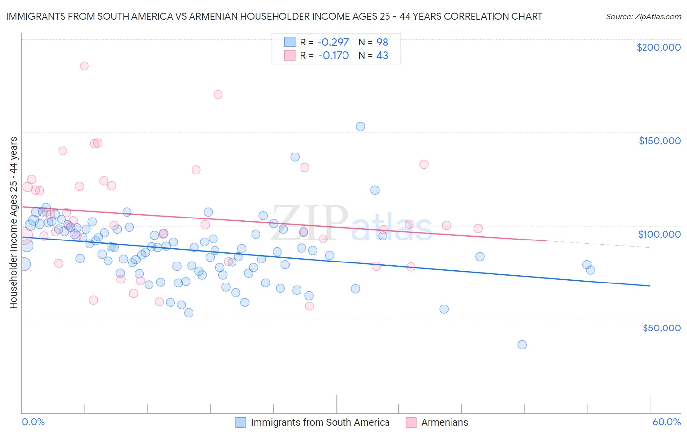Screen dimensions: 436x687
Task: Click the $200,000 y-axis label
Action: click(x=658, y=47)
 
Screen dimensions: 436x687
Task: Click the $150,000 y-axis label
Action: click(x=659, y=141)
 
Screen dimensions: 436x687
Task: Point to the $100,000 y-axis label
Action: click(x=659, y=234)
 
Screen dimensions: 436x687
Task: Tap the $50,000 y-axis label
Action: click(x=661, y=327)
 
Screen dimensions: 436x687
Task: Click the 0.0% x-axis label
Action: click(x=33, y=422)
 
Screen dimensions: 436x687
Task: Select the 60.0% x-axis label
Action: click(x=666, y=422)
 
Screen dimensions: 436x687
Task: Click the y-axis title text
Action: click(x=13, y=223)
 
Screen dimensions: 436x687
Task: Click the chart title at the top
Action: click(x=274, y=16)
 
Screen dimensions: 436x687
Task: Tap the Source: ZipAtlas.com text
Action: click(x=643, y=16)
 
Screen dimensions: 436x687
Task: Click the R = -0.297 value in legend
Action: click(x=324, y=42)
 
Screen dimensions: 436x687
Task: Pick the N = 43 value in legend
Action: click(x=373, y=55)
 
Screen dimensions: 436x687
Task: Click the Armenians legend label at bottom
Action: click(x=444, y=422)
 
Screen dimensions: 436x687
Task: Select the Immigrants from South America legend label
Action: click(x=320, y=422)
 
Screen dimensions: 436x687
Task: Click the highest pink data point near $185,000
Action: click(x=84, y=66)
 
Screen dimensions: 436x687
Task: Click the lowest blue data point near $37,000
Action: click(x=522, y=345)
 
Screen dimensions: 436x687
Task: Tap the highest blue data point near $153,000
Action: click(x=360, y=127)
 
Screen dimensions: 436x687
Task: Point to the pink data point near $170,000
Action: click(x=218, y=95)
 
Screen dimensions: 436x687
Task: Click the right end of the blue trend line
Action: click(x=650, y=285)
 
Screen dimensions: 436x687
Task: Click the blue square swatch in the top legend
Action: click(x=290, y=42)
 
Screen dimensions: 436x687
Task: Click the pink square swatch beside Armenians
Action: click(x=411, y=422)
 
